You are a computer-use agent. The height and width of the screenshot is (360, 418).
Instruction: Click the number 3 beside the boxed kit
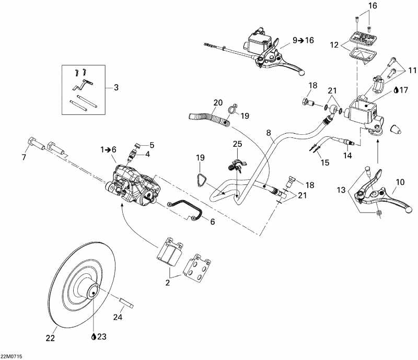point(115,88)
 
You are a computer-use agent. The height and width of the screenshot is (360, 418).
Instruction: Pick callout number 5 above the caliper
point(152,145)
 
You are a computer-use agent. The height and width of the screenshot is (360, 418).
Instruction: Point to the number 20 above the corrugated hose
point(218,102)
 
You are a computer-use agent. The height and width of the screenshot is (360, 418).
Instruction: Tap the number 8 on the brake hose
point(269,134)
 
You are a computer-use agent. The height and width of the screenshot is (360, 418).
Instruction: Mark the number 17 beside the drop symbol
point(402,90)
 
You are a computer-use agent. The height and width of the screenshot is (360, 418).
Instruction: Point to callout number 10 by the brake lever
point(400,182)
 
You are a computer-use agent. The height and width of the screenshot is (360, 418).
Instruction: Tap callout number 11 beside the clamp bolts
point(412,69)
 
